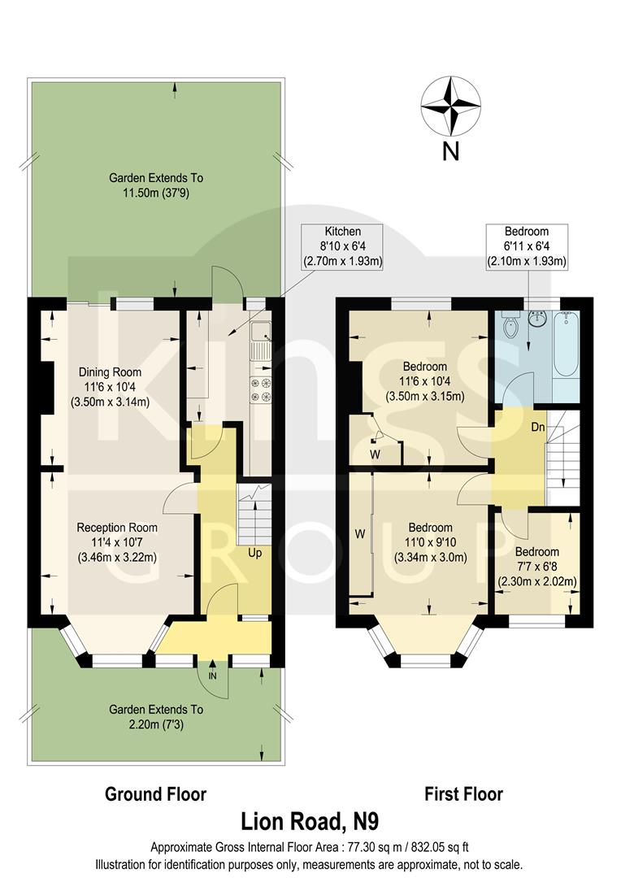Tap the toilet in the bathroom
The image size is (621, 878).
click(x=511, y=327)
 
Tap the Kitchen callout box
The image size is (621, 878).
click(x=343, y=246)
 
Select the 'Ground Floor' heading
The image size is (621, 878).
click(x=155, y=793)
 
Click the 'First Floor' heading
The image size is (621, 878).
click(x=463, y=793)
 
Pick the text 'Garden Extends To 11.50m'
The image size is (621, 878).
click(x=156, y=185)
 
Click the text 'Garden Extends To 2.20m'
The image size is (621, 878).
click(x=156, y=717)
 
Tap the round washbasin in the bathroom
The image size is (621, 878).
click(x=537, y=317)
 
